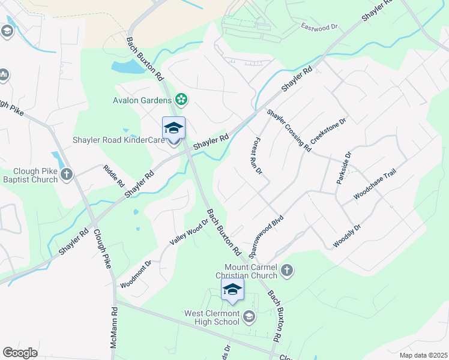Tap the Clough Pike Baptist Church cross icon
pyautogui.click(x=67, y=175)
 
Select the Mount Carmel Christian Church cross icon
pyautogui.click(x=287, y=271)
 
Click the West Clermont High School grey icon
pyautogui.click(x=249, y=316)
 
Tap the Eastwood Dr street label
pyautogui.click(x=320, y=27)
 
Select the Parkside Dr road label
pyautogui.click(x=345, y=167)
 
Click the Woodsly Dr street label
pyautogui.click(x=347, y=236)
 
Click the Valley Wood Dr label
pyautogui.click(x=188, y=231)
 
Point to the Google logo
pyautogui.click(x=20, y=353)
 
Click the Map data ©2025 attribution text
pyautogui.click(x=423, y=355)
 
